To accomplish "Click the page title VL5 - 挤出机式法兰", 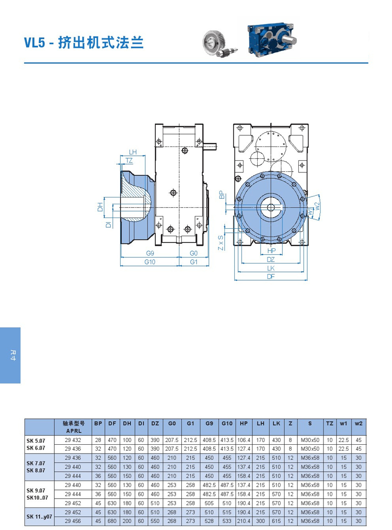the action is pos(84,43).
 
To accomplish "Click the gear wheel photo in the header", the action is pos(219,44).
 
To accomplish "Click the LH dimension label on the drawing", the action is pos(133,152).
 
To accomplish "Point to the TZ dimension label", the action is pos(129,161).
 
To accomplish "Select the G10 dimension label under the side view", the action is pos(149,262).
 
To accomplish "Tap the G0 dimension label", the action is pos(194,253).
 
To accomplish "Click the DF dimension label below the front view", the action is pos(271,276).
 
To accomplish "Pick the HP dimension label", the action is pos(271,251).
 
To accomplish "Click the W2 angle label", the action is pos(317,206).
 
